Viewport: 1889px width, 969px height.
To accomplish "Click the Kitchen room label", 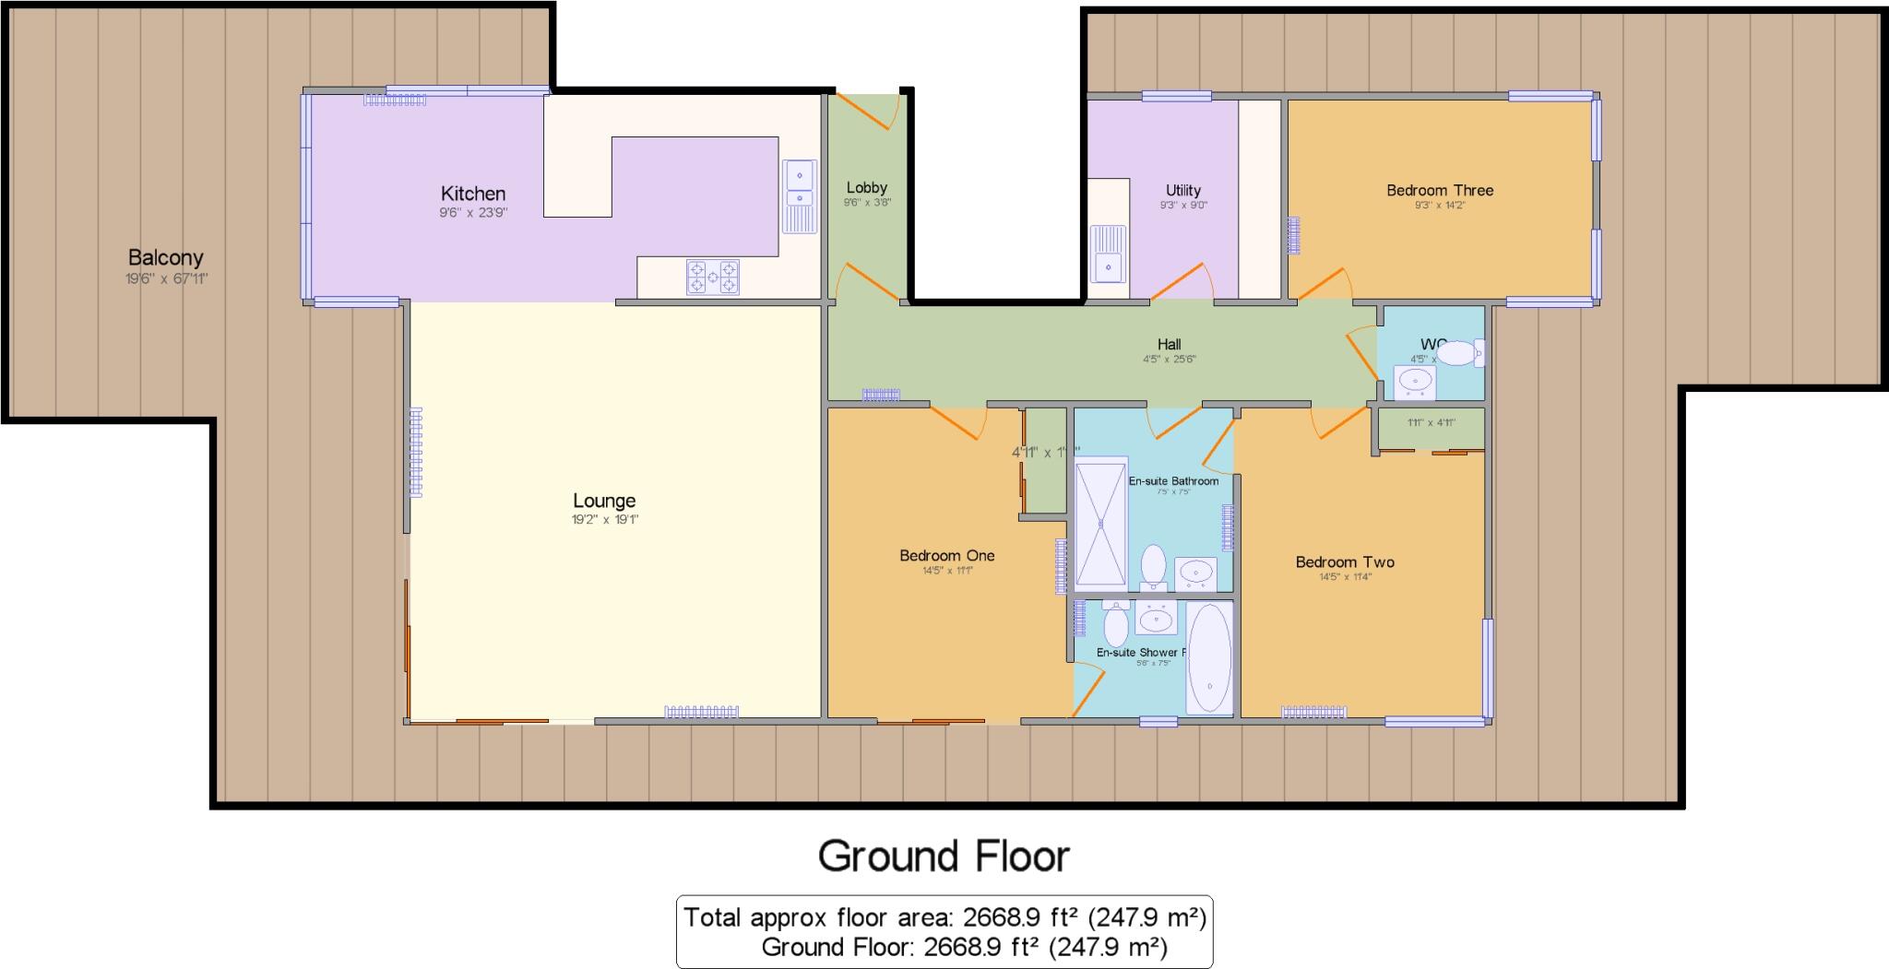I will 473,194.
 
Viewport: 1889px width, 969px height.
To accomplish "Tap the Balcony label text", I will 166,258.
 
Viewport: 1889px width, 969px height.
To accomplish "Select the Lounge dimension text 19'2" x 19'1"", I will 604,520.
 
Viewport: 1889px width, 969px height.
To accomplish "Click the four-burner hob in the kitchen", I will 712,277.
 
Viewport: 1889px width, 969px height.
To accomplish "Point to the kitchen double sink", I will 800,195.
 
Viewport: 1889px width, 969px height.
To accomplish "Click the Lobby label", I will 866,188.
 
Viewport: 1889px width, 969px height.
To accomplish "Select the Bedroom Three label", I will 1439,190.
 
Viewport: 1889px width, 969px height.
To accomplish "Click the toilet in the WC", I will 1461,353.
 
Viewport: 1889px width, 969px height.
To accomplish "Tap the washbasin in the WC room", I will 1414,380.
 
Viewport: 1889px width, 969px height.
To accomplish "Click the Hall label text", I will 1169,345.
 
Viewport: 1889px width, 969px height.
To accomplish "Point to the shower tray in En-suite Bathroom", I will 1100,524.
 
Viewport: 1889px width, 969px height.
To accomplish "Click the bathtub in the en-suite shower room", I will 1209,657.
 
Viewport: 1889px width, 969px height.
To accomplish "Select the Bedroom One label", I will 946,555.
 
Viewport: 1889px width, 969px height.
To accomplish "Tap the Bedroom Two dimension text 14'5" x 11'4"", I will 1345,577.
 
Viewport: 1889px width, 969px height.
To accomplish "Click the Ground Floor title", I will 944,856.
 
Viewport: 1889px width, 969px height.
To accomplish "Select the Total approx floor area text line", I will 944,917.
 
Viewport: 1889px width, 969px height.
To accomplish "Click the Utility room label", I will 1182,191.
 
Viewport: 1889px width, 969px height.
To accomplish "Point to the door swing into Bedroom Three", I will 1326,282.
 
